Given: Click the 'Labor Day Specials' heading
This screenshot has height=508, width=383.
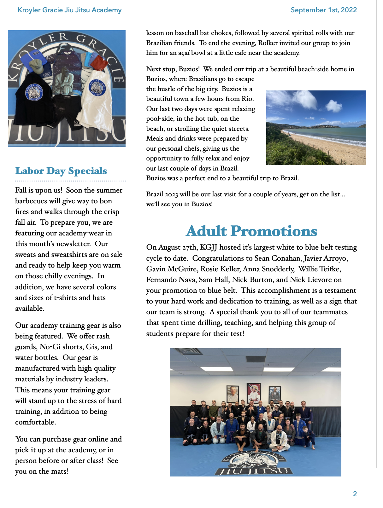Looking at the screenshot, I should click(x=61, y=171).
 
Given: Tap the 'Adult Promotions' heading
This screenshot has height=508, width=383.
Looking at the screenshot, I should click(x=251, y=231).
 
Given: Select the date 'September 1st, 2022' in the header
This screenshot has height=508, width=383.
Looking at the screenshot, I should click(x=324, y=10).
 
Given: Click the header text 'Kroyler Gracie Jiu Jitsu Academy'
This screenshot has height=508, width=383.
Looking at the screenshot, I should click(x=69, y=10).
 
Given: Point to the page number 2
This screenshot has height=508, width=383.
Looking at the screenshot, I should click(x=355, y=494).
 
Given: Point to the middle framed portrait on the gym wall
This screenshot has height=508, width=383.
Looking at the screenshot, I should click(x=254, y=393).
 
